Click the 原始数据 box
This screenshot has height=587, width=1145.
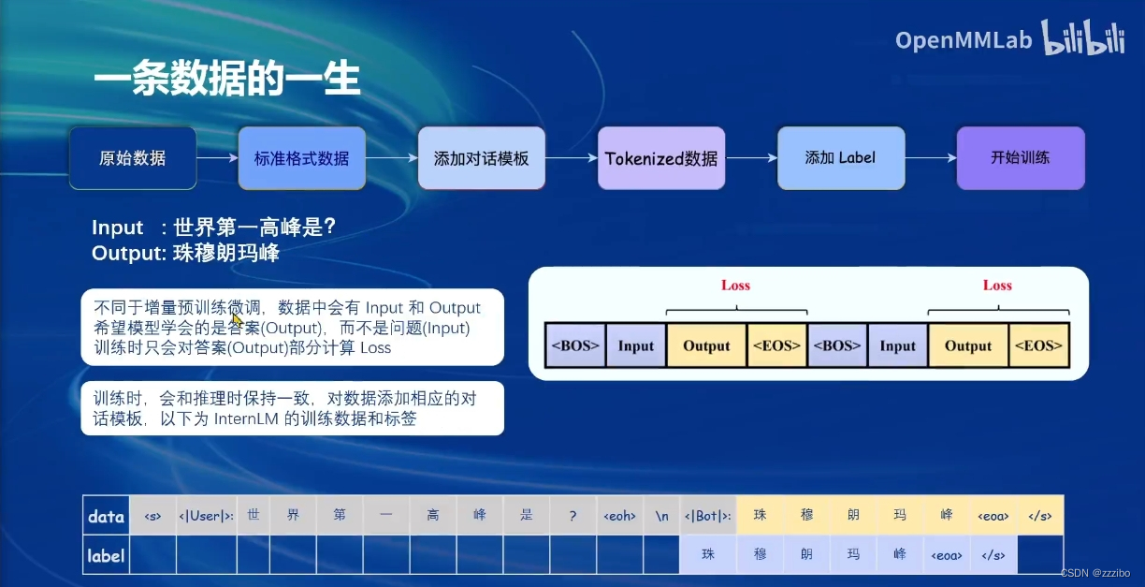[x=133, y=158]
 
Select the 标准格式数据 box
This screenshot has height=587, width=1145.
[x=301, y=158]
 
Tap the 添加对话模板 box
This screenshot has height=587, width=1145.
[x=481, y=158]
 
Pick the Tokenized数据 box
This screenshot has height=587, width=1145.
[x=660, y=158]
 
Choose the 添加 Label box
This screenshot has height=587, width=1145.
[x=840, y=157]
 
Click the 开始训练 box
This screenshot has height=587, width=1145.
[x=1020, y=157]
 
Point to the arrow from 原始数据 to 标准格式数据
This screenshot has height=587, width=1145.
[x=217, y=158]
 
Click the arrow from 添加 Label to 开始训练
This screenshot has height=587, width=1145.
[x=930, y=158]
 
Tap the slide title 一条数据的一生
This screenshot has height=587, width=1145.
[x=226, y=81]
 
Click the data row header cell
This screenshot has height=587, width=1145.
[x=106, y=516]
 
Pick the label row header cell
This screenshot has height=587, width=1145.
[x=106, y=555]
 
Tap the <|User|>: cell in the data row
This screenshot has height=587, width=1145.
[x=206, y=516]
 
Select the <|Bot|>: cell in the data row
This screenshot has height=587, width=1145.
[x=708, y=516]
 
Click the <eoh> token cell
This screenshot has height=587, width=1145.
[x=619, y=516]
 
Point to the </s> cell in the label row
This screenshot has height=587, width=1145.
[x=993, y=555]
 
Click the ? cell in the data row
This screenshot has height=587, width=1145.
[x=572, y=516]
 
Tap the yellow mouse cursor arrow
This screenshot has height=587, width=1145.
[x=237, y=319]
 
